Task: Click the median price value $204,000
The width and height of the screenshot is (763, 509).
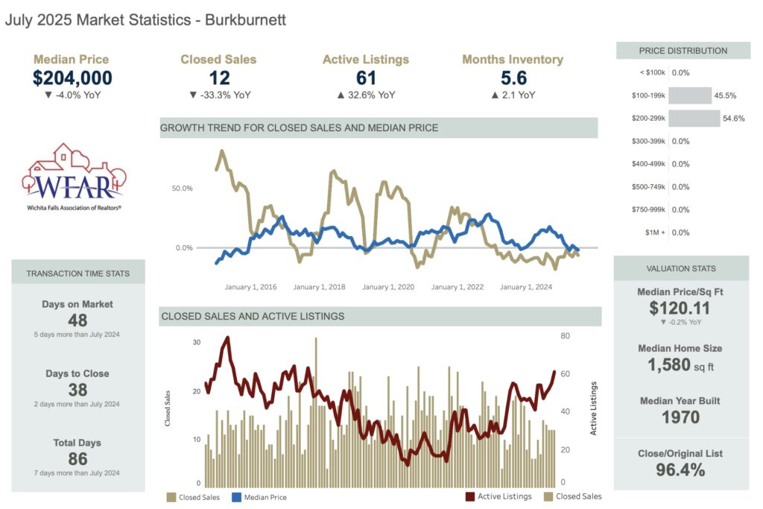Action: click(x=72, y=78)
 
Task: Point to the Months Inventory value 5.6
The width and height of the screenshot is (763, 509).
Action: click(x=512, y=78)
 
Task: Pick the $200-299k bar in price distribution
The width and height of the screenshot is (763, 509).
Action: click(x=694, y=118)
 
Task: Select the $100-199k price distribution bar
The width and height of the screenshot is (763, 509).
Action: click(x=690, y=95)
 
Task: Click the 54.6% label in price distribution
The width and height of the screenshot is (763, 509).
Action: click(x=733, y=118)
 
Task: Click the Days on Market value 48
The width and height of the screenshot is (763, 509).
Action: click(x=77, y=320)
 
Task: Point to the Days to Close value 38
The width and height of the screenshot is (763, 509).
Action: click(x=77, y=390)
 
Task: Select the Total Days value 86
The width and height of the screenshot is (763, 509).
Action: click(x=77, y=459)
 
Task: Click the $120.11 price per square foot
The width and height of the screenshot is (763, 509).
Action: click(x=680, y=308)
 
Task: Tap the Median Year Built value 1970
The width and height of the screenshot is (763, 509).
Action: click(x=680, y=417)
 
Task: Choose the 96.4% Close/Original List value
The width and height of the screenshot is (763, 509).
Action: click(x=680, y=470)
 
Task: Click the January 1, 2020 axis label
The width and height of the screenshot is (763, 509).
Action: click(x=388, y=287)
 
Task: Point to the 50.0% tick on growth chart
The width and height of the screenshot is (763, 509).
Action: click(x=183, y=189)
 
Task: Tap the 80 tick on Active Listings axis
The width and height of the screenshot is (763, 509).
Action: click(x=566, y=336)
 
